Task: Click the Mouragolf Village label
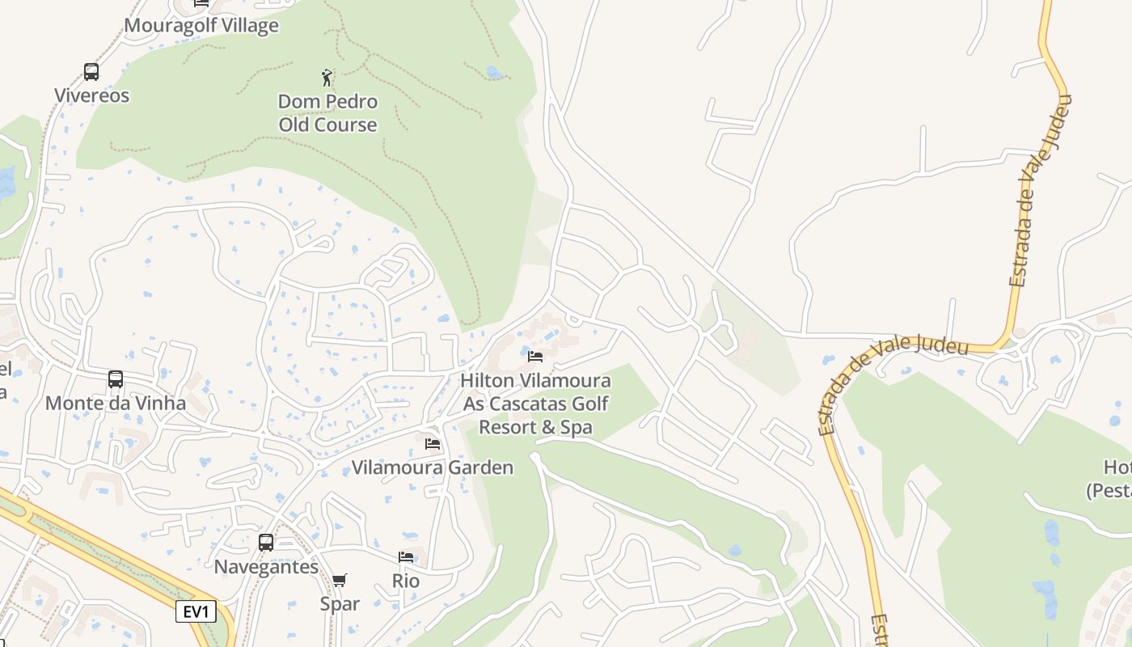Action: point(201,26)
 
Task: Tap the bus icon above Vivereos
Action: point(91,72)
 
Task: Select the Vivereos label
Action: point(91,95)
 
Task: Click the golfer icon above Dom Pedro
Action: point(327,78)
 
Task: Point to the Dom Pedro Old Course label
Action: point(327,113)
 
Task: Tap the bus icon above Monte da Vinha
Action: point(116,379)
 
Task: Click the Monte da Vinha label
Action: point(116,403)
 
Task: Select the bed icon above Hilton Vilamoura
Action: point(535,357)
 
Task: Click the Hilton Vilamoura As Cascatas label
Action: point(536,403)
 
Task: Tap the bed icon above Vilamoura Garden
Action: point(433,444)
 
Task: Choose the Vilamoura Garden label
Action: point(433,467)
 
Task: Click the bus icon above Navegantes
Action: point(266,543)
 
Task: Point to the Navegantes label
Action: point(266,567)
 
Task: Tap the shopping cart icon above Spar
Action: point(340,580)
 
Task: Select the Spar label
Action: point(340,603)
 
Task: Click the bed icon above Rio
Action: point(406,557)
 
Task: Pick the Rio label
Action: point(406,581)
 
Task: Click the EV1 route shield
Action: point(196,611)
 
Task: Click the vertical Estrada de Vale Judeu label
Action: point(1040,191)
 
